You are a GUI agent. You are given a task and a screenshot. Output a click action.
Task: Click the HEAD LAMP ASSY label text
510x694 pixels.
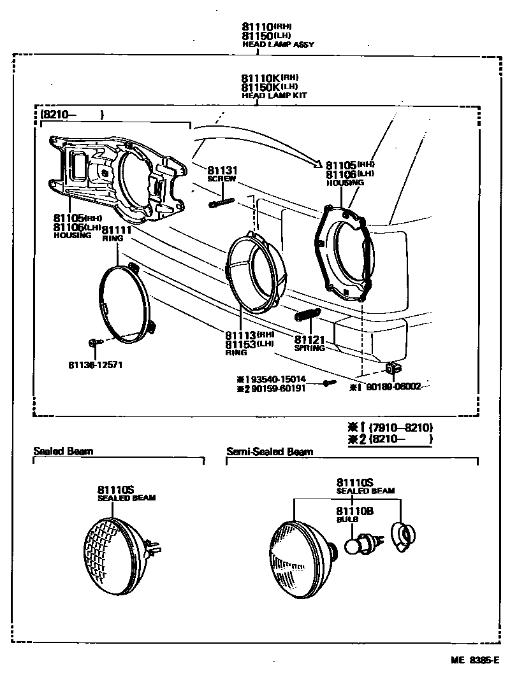(x=278, y=45)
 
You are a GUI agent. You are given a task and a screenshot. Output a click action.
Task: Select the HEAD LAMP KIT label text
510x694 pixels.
(x=274, y=95)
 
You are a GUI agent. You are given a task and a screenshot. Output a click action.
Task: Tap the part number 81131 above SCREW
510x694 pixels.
(x=222, y=171)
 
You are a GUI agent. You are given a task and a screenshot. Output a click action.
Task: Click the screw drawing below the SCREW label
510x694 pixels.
(x=221, y=202)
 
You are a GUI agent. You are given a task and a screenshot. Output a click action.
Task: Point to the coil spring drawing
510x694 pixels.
(x=307, y=315)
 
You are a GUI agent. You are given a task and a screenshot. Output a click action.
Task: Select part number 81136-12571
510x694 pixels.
(x=95, y=365)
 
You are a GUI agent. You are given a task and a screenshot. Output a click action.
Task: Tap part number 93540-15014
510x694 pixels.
(x=275, y=379)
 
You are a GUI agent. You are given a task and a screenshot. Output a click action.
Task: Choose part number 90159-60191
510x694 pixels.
(x=275, y=388)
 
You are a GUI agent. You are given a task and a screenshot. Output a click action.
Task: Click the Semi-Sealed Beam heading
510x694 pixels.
(x=270, y=452)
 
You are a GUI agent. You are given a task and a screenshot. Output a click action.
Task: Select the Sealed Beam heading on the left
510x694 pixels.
(x=63, y=451)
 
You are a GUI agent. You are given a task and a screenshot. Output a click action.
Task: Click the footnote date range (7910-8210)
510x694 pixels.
(x=395, y=427)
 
